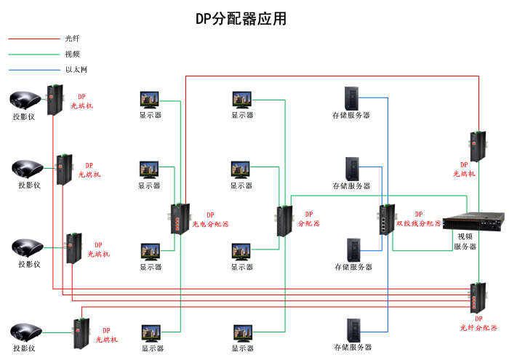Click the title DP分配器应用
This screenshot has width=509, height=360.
tap(241, 19)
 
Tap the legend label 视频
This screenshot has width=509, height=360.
tap(72, 54)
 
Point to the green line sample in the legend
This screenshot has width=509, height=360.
tap(33, 54)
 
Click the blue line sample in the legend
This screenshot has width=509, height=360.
tap(33, 70)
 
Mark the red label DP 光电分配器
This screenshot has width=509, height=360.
tap(210, 220)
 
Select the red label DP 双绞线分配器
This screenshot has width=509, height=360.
tap(418, 219)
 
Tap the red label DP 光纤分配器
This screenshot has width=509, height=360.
tap(478, 323)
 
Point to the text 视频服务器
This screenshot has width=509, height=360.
tap(465, 241)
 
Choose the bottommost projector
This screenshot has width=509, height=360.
tap(28, 332)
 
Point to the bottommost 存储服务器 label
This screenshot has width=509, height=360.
tap(353, 348)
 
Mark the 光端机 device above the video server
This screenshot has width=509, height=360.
tap(478, 145)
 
